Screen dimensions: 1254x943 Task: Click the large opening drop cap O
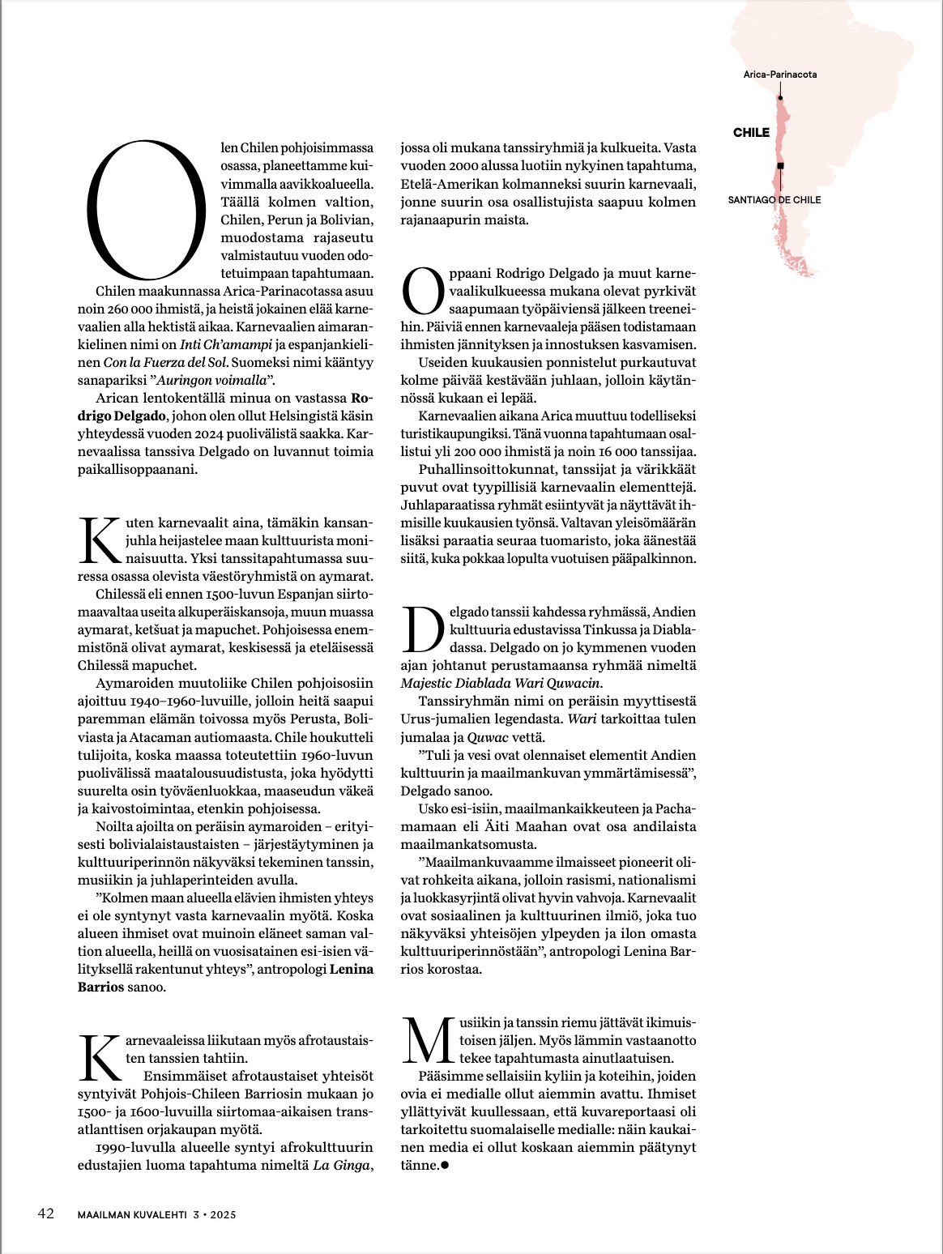pos(147,209)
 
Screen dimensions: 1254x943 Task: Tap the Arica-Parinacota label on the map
pos(780,75)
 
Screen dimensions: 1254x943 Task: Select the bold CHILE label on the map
pos(751,133)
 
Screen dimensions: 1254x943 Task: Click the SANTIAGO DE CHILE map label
pos(774,200)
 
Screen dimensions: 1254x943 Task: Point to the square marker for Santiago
pos(780,165)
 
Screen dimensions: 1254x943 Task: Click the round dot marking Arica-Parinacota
pos(780,98)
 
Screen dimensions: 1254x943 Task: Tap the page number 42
pos(46,1213)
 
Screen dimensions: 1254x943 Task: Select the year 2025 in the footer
pos(223,1215)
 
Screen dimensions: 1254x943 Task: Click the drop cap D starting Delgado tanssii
pos(423,629)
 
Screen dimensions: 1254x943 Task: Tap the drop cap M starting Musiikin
pos(428,1041)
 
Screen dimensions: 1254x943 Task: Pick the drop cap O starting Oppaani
pos(423,291)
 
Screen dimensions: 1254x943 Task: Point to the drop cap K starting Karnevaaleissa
pos(100,1058)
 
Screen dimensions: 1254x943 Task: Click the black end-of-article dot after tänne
pos(444,1166)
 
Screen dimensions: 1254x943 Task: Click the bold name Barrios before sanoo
pos(100,987)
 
